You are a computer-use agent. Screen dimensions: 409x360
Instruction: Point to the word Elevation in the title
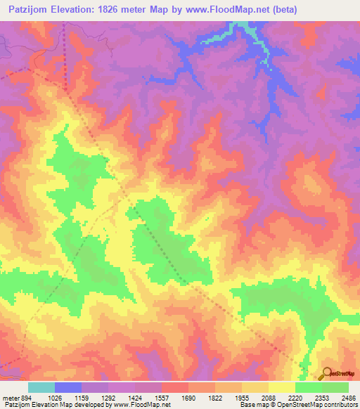click(x=73, y=10)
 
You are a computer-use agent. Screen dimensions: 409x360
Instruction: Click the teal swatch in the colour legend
click(x=41, y=387)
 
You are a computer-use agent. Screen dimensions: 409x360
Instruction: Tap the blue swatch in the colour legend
click(x=68, y=387)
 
